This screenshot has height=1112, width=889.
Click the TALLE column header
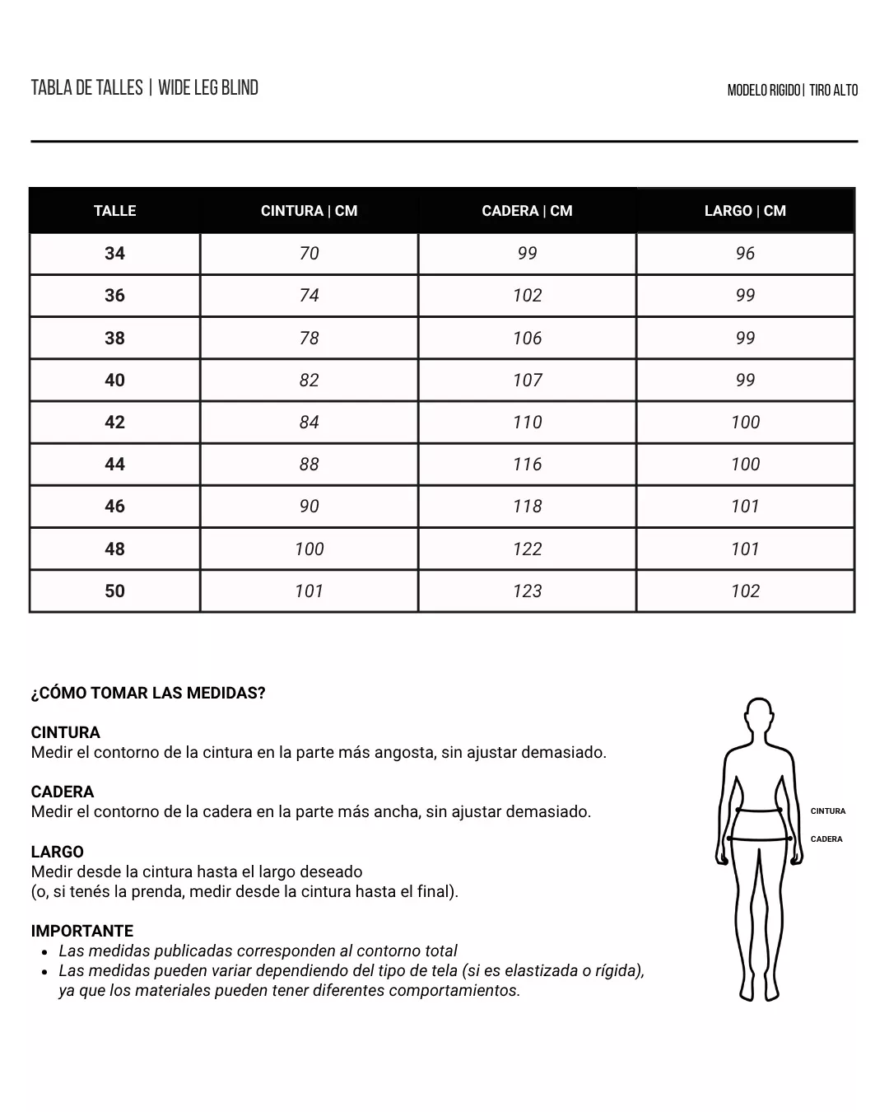tap(114, 211)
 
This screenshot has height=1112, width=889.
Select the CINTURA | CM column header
tap(309, 211)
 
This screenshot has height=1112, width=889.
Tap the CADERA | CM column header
tap(527, 211)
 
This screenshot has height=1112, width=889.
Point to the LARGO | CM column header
tap(745, 211)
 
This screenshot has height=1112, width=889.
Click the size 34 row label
tap(114, 254)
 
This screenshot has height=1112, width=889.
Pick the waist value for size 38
tap(309, 338)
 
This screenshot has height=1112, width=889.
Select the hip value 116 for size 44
tap(527, 465)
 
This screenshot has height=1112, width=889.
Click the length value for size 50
tap(745, 591)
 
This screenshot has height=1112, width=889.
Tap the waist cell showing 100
tap(309, 549)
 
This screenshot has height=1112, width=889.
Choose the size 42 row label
tap(114, 423)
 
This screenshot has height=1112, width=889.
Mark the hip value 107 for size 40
tap(527, 381)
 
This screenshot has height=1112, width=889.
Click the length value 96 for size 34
tap(745, 254)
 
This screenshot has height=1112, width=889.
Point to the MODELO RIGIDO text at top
tap(763, 91)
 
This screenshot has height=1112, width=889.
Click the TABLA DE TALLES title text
tap(86, 88)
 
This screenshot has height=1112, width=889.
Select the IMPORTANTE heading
tap(81, 931)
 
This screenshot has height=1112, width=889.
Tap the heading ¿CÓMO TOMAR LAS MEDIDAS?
tap(148, 693)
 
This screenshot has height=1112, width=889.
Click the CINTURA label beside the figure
tap(827, 811)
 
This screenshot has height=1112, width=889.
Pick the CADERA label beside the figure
tap(826, 839)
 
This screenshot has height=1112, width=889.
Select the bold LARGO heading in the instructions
tap(57, 852)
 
